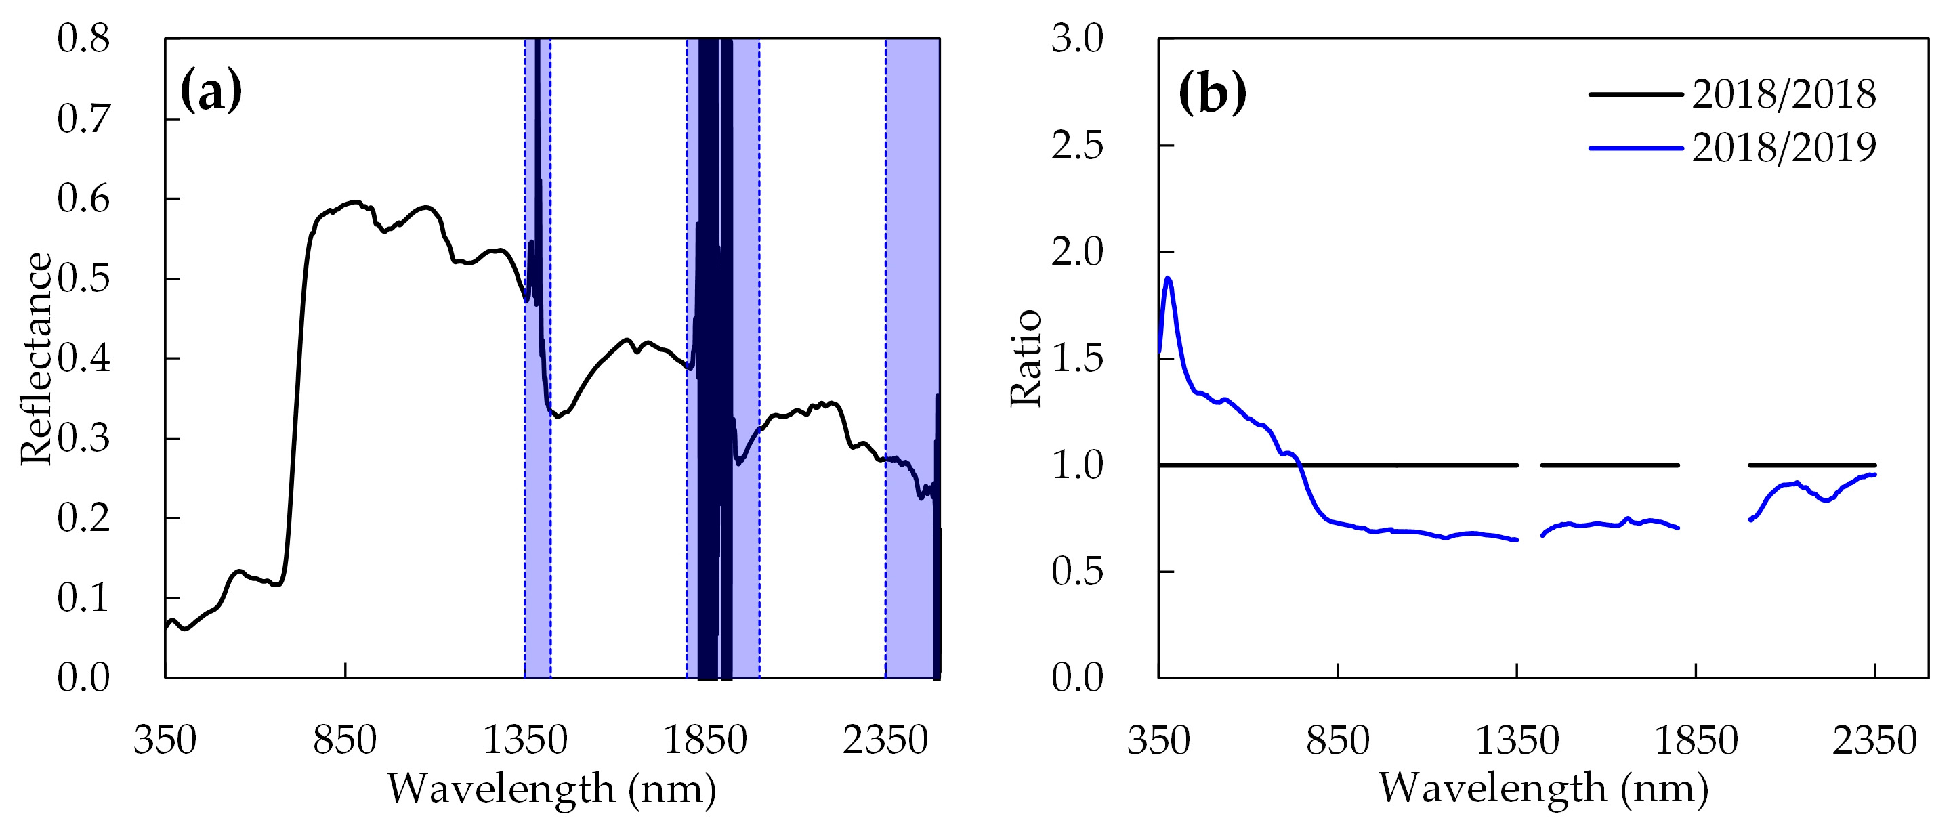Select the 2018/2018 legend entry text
coord(1784,94)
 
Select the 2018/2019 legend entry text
coord(1784,147)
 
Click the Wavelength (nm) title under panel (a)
coord(552,788)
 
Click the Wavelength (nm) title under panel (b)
coord(1544,788)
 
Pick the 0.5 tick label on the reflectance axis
coord(83,278)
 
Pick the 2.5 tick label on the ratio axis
coord(1077,145)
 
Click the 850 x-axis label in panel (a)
coord(345,740)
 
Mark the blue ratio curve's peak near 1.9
coord(1169,278)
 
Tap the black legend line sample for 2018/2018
coord(1635,94)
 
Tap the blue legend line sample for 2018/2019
coord(1635,148)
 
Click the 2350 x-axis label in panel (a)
coord(885,740)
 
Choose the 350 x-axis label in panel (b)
coord(1158,740)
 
